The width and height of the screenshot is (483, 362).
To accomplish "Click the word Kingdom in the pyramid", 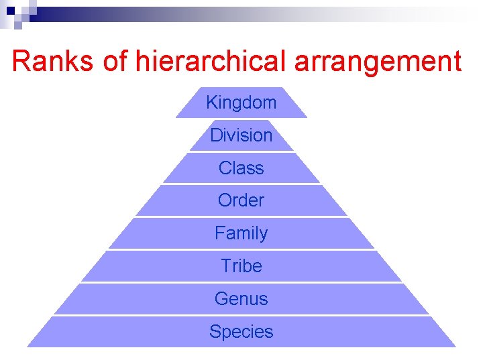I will point(241,103).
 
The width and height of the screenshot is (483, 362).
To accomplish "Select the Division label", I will point(241,135).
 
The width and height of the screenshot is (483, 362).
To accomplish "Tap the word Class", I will point(241,168).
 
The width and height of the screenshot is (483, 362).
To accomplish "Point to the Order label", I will point(241,200).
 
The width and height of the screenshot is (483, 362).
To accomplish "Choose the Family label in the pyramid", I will point(241,233).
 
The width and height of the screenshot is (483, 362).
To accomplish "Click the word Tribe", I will point(241,266).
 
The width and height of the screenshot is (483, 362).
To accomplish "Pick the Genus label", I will point(241,299).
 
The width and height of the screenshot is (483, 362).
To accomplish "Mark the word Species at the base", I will point(241,332).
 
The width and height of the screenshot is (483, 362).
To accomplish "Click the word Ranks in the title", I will point(54,62).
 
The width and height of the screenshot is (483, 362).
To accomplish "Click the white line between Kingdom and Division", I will point(241,119).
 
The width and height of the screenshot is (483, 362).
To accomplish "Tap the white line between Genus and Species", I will point(241,315).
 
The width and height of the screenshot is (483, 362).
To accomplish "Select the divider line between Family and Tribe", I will point(241,249).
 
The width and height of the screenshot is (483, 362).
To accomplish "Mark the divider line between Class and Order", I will point(241,184).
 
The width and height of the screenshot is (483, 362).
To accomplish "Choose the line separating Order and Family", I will point(241,217).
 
